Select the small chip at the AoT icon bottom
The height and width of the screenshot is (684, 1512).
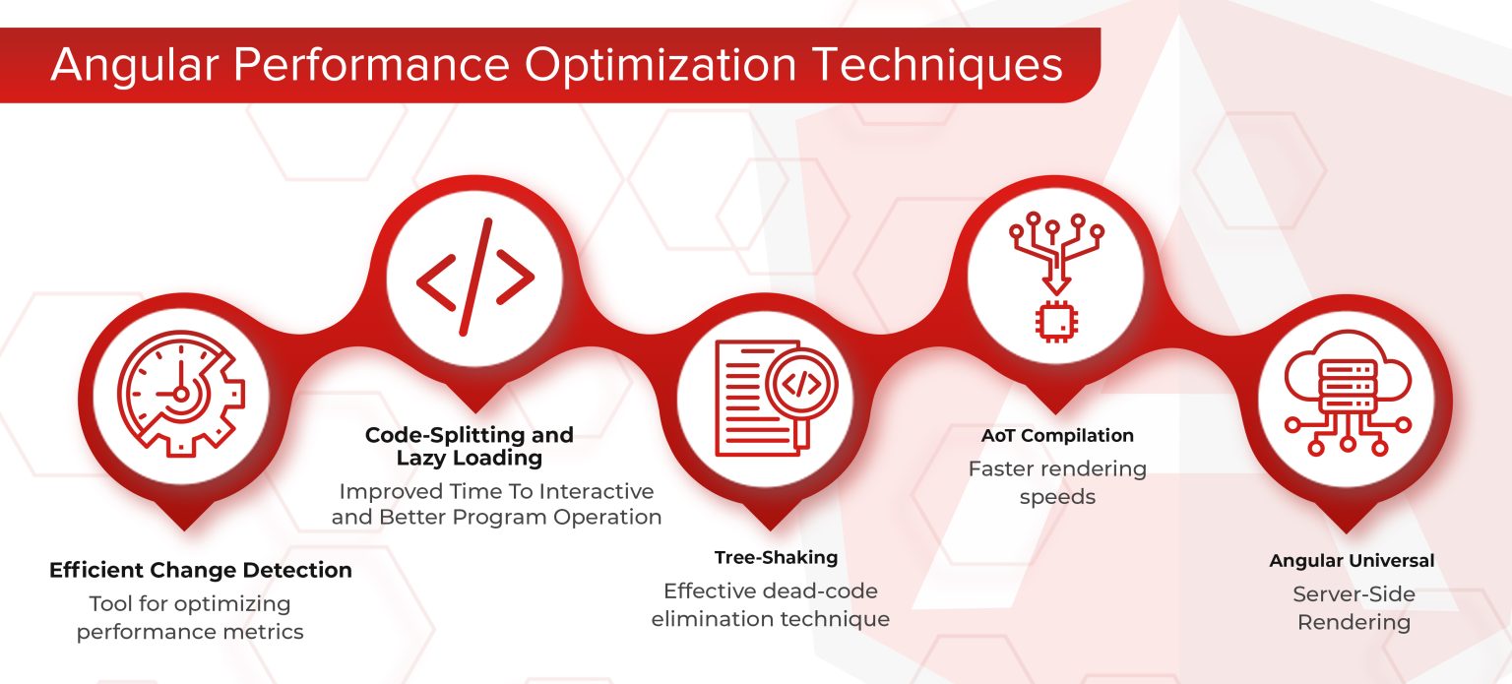1055,320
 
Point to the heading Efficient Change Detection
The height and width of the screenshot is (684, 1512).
200,570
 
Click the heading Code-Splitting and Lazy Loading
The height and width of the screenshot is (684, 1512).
469,446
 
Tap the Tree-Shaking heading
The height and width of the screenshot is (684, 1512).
776,557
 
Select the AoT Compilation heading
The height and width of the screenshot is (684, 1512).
1057,435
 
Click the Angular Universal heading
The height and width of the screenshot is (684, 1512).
1352,560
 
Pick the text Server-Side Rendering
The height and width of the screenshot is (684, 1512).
1354,608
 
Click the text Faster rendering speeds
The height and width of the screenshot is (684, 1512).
1057,482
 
